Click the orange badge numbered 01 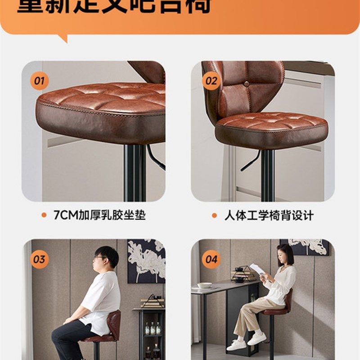point(40,81)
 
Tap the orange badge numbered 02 point(211,81)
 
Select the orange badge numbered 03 point(40,260)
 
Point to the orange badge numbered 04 point(211,260)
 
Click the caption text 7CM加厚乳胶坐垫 point(99,215)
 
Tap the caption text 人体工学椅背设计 point(269,215)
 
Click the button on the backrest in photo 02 point(247,84)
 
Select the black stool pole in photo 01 point(135,173)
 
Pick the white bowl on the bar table point(205,285)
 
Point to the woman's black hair point(286,254)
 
